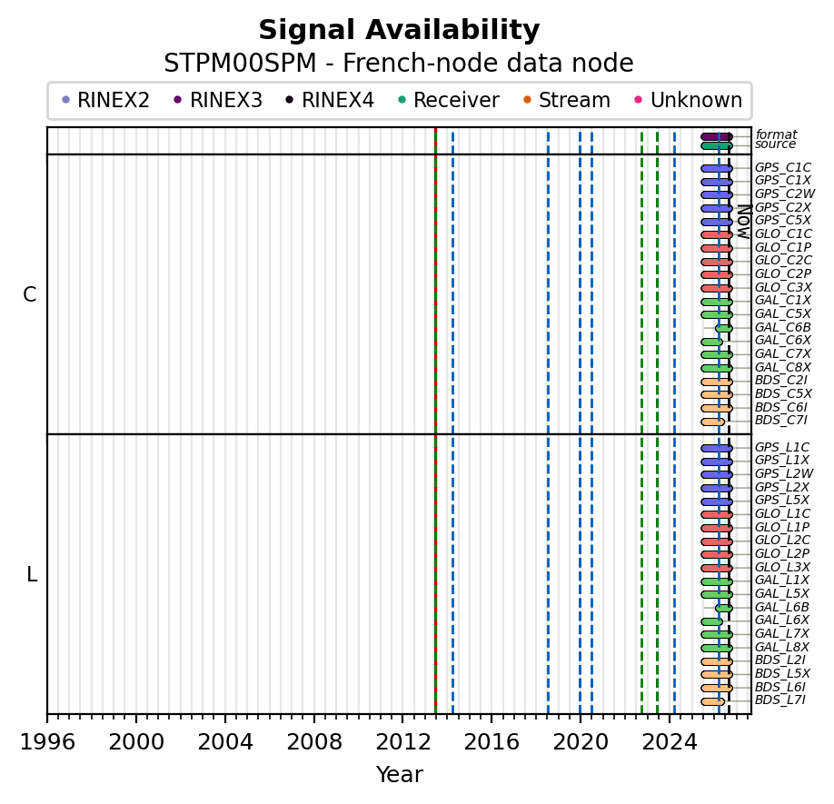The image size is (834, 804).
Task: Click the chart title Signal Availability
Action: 399,30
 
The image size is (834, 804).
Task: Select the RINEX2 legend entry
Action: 106,100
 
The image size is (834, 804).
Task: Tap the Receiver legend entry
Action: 450,100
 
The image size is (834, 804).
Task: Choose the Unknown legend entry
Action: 690,100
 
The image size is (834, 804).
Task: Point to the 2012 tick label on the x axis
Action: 403,741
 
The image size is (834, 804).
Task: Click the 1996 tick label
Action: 47,741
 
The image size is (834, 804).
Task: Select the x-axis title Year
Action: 400,774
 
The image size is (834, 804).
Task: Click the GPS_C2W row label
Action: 785,194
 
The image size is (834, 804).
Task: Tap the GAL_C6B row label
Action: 782,328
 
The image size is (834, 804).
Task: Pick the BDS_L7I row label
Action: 779,700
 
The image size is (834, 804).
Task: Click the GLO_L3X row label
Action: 782,568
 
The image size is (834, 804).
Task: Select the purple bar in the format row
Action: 717,136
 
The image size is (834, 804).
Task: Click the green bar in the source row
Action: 717,145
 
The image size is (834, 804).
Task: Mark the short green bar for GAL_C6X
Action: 711,342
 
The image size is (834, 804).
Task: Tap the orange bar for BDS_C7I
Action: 713,422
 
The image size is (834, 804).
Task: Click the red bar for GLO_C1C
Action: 717,235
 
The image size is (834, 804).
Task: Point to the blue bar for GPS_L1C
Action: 717,448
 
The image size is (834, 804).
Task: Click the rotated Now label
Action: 744,222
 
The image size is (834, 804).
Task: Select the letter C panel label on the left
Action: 30,294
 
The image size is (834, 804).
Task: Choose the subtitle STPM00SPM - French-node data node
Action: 399,64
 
